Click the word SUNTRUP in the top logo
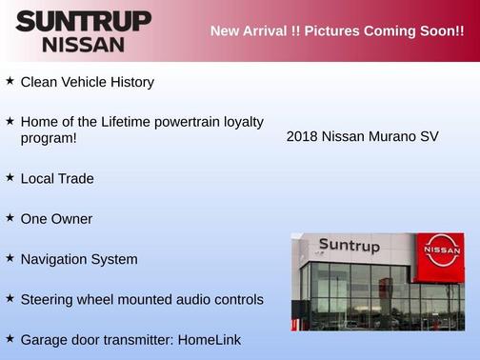click(x=83, y=21)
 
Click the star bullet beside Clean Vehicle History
click(x=10, y=81)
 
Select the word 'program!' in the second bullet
click(x=49, y=138)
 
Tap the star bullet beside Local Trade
click(x=10, y=177)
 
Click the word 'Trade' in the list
click(x=76, y=179)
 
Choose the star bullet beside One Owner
click(x=10, y=217)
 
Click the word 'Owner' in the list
click(x=72, y=219)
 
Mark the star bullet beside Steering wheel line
click(x=10, y=298)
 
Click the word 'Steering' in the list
click(x=49, y=300)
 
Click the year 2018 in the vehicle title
click(x=302, y=136)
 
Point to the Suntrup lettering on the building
click(x=349, y=246)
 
